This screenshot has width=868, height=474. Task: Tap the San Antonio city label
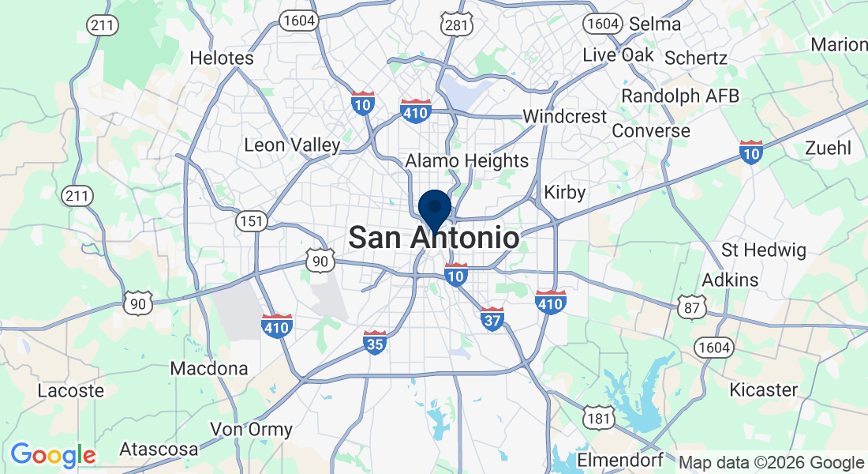click(434, 238)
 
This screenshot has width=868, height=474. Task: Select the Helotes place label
click(222, 58)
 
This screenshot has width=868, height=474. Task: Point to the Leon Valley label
click(292, 145)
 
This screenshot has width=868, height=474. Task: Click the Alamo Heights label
click(467, 161)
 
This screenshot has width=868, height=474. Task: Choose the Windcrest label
click(565, 116)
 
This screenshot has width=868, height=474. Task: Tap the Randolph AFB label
click(680, 96)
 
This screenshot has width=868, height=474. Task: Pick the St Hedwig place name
click(764, 251)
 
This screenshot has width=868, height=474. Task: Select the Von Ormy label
click(251, 431)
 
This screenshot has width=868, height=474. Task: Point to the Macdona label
click(209, 368)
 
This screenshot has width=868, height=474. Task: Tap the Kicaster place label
click(763, 389)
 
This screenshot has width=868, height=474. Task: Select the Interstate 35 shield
click(375, 342)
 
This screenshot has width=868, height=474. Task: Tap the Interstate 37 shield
click(492, 319)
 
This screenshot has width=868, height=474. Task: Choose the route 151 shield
click(252, 221)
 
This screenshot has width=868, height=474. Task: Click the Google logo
click(53, 454)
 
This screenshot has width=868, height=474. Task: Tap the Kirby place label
click(565, 193)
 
